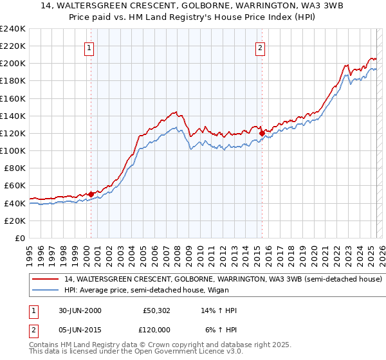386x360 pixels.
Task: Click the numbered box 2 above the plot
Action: click(261, 47)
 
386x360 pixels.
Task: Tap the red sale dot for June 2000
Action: click(91, 194)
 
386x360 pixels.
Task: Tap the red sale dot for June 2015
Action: click(262, 133)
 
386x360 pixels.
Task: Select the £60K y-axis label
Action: click(15, 186)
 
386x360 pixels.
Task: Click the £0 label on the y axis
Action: click(21, 238)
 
